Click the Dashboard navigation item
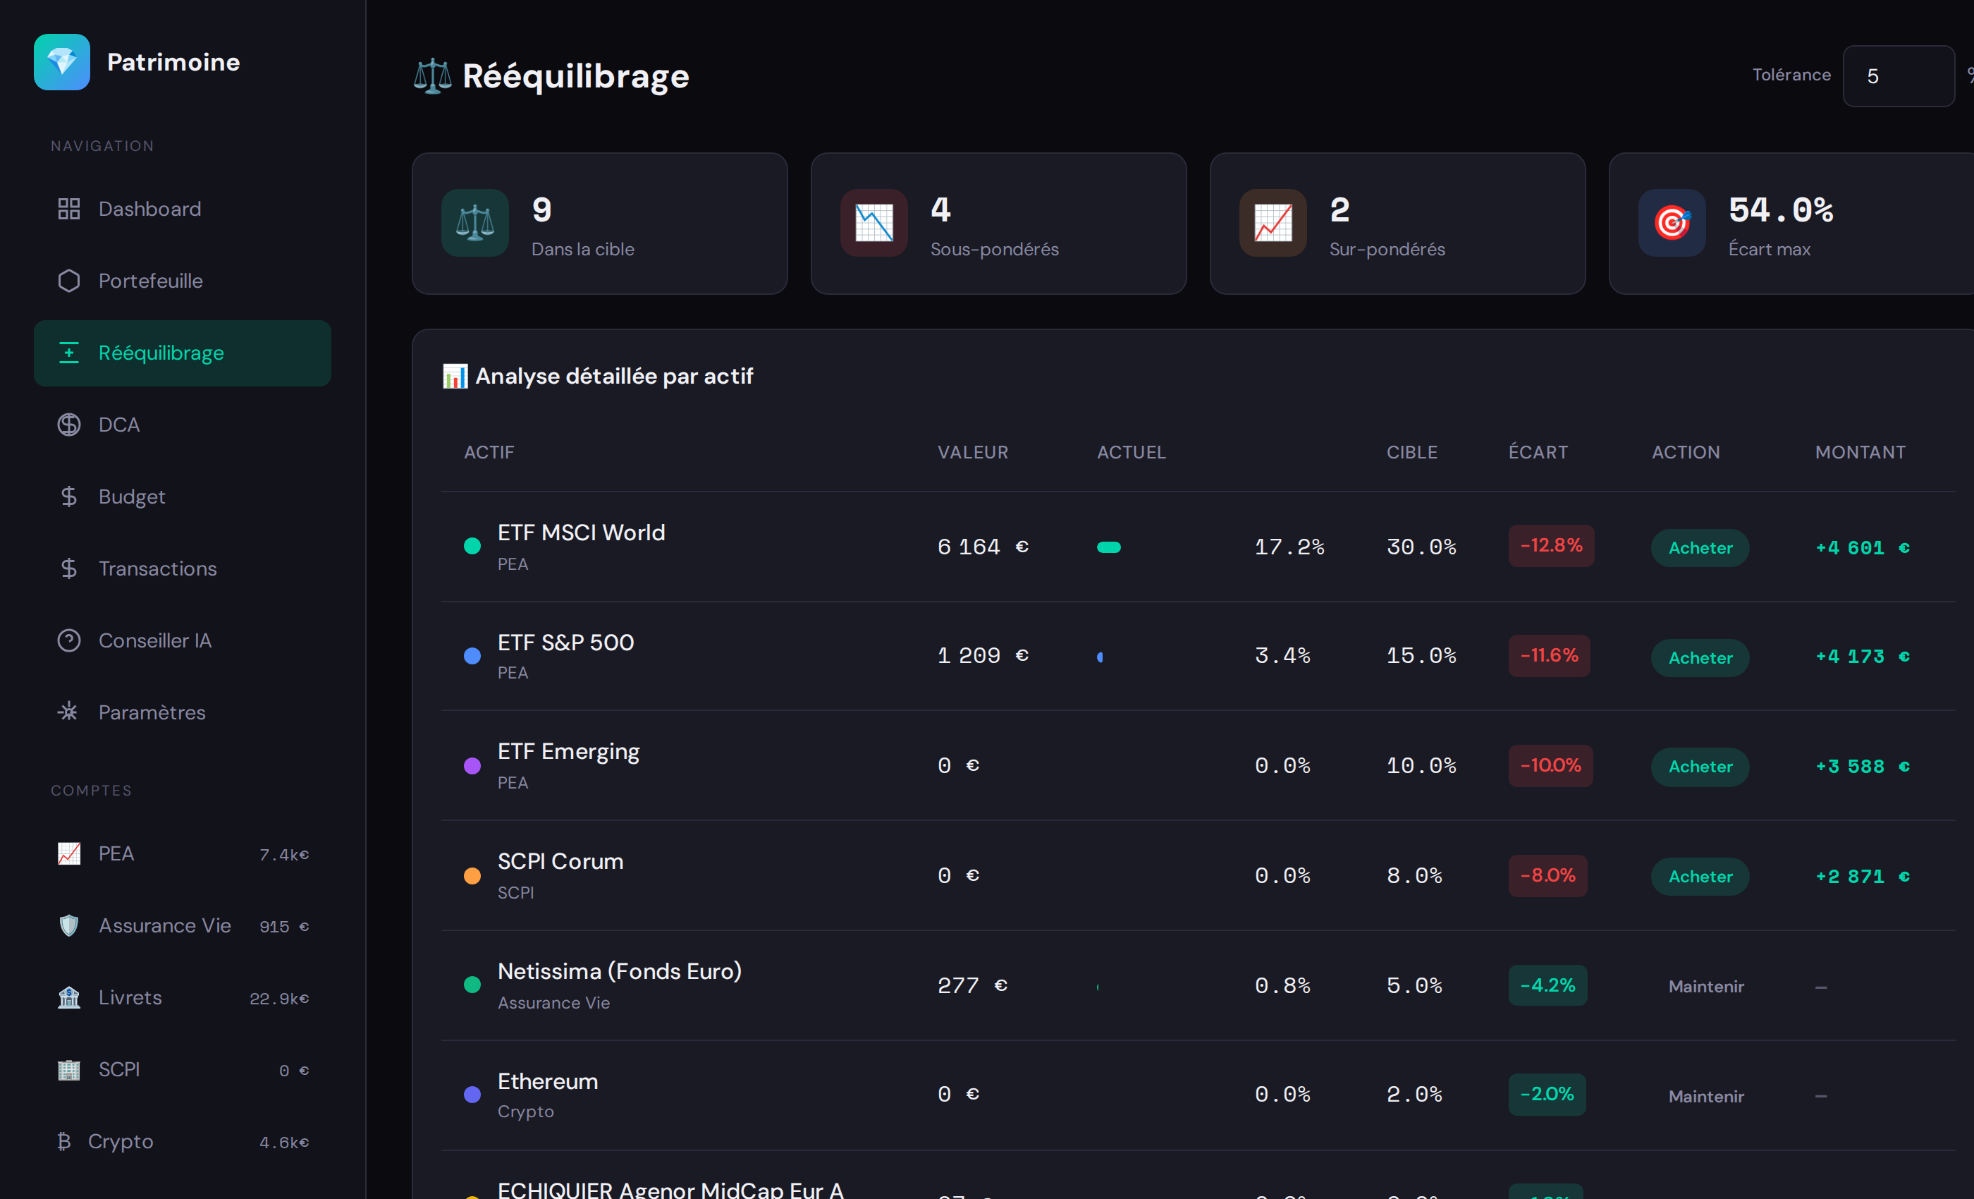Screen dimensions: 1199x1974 [x=149, y=209]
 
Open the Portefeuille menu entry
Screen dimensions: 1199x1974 [x=149, y=281]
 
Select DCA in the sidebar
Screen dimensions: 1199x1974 [x=118, y=425]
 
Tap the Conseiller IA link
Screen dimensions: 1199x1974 [x=154, y=641]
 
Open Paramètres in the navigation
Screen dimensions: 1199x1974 [x=152, y=712]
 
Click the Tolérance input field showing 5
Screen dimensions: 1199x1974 [x=1897, y=76]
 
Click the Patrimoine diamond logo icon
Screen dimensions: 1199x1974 [x=62, y=62]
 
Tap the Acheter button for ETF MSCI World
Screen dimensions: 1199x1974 [x=1699, y=548]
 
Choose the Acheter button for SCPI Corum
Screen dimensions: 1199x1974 [x=1699, y=877]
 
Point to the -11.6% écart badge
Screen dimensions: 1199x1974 [x=1549, y=656]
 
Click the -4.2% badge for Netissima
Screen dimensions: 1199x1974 [x=1547, y=985]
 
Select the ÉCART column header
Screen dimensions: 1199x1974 [x=1538, y=453]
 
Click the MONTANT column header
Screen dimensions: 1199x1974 [x=1860, y=453]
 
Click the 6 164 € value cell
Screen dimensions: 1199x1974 [x=982, y=547]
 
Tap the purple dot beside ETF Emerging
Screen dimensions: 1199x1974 [x=472, y=766]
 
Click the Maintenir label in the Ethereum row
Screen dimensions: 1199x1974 [x=1705, y=1097]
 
